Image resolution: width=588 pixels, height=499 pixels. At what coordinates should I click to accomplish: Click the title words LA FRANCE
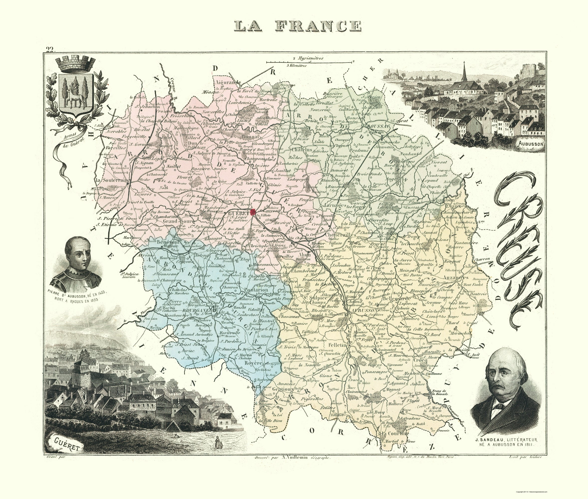pos(298,26)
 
